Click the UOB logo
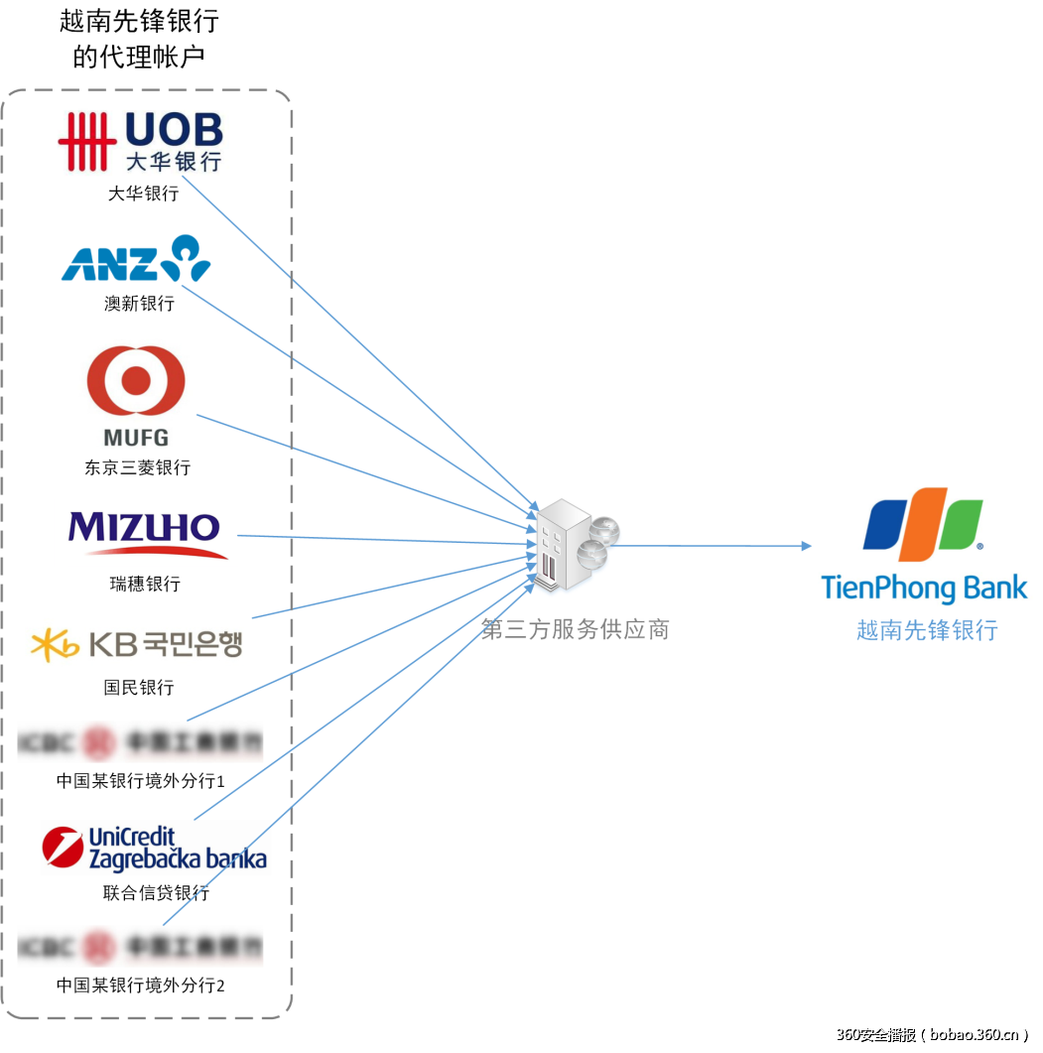coord(140,141)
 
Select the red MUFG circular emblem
coord(136,381)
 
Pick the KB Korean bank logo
coord(137,645)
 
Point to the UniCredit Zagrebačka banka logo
coord(155,849)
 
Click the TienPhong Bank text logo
coord(924,587)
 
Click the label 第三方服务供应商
coord(575,629)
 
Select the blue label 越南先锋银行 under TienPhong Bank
coord(927,630)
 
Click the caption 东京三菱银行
coord(137,467)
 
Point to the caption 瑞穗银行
coord(145,584)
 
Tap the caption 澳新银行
coord(139,304)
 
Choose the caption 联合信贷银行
coord(156,892)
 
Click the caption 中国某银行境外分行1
coord(141,781)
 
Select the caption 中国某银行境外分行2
coord(141,986)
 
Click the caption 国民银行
coord(139,687)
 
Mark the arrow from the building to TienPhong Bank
coord(715,546)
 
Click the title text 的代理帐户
coord(139,58)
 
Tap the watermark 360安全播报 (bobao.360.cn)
coord(932,1034)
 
